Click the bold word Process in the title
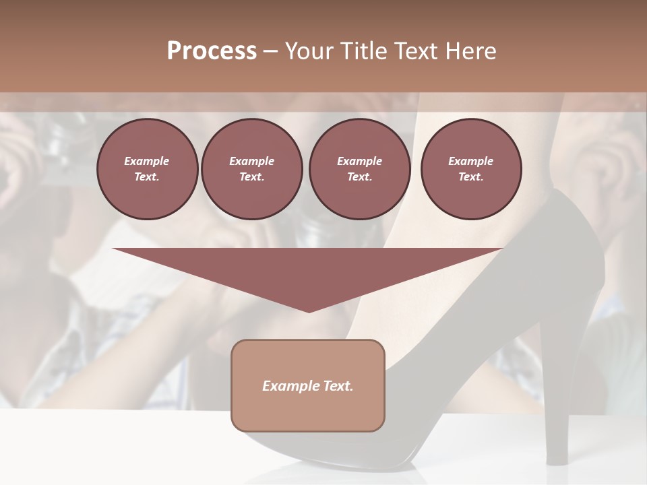click(x=212, y=51)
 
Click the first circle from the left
click(x=147, y=168)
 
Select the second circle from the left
click(x=251, y=168)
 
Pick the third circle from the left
click(x=359, y=168)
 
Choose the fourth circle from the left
click(x=471, y=168)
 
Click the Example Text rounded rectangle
click(x=308, y=385)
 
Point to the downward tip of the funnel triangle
click(x=309, y=311)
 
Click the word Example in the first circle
click(x=147, y=161)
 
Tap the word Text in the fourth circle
click(x=471, y=177)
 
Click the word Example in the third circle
click(x=359, y=161)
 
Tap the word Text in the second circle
click(x=251, y=177)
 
